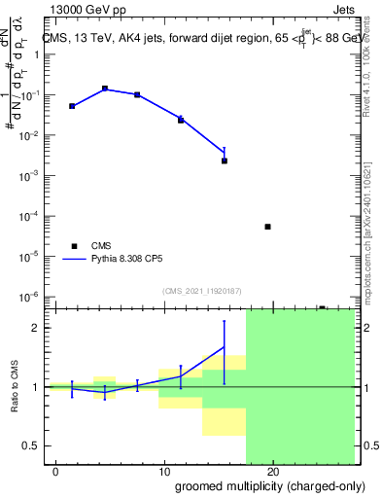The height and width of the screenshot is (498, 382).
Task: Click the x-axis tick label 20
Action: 273,472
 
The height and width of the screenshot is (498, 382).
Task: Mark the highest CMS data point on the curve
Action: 105,89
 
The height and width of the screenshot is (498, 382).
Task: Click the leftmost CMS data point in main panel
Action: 72,106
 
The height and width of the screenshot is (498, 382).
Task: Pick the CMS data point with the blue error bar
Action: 225,160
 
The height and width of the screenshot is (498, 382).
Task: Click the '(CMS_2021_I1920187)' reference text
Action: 200,291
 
